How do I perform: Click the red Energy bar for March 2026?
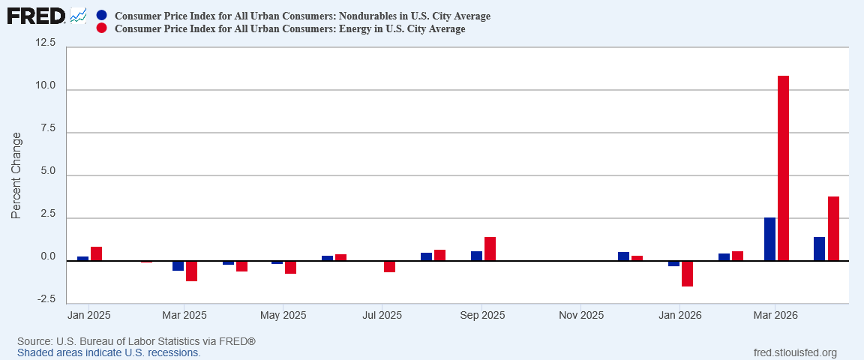tap(783, 168)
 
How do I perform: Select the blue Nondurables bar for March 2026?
tap(769, 239)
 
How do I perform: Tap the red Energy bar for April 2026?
tap(833, 229)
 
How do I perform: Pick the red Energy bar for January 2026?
tap(687, 274)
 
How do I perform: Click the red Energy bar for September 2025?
tap(490, 249)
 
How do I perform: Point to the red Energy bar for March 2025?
tap(191, 271)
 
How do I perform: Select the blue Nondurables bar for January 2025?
tap(82, 259)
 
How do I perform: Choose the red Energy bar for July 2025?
tap(389, 266)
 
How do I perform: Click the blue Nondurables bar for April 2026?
tap(819, 249)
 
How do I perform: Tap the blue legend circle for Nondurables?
tap(101, 16)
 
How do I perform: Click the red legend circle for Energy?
tap(101, 28)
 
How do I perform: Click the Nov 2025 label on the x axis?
tap(581, 316)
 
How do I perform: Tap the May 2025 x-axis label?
tap(283, 316)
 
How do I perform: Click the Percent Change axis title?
tap(16, 175)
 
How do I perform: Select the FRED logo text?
tap(36, 16)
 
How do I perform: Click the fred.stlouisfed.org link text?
tap(794, 352)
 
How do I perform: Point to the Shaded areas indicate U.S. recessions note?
tap(109, 352)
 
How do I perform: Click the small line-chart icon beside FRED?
tap(78, 16)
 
